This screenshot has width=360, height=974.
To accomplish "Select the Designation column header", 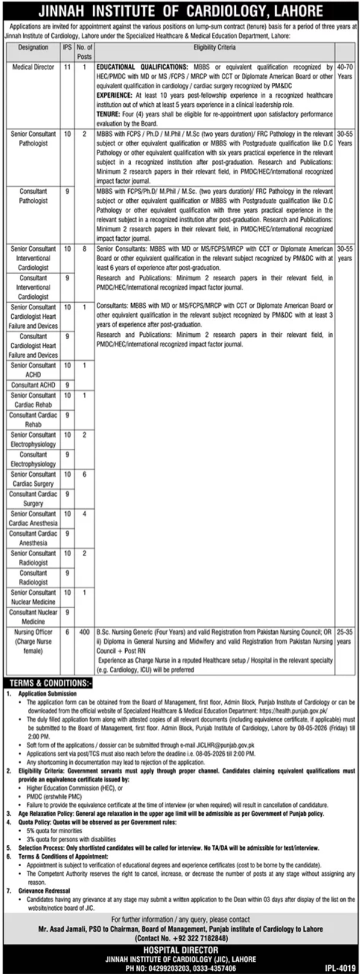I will (x=33, y=48).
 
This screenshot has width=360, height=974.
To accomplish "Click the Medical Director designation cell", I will (x=33, y=67).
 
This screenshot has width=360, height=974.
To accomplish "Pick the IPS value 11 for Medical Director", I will (x=67, y=67).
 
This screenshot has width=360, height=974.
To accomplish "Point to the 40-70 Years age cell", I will (x=345, y=72).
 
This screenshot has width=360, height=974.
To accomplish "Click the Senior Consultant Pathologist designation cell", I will (x=33, y=138).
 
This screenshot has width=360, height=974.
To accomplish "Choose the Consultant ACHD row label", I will (x=33, y=385).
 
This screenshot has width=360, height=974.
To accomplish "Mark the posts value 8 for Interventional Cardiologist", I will (x=84, y=249).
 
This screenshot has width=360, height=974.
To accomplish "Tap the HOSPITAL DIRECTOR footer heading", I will (x=181, y=950).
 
